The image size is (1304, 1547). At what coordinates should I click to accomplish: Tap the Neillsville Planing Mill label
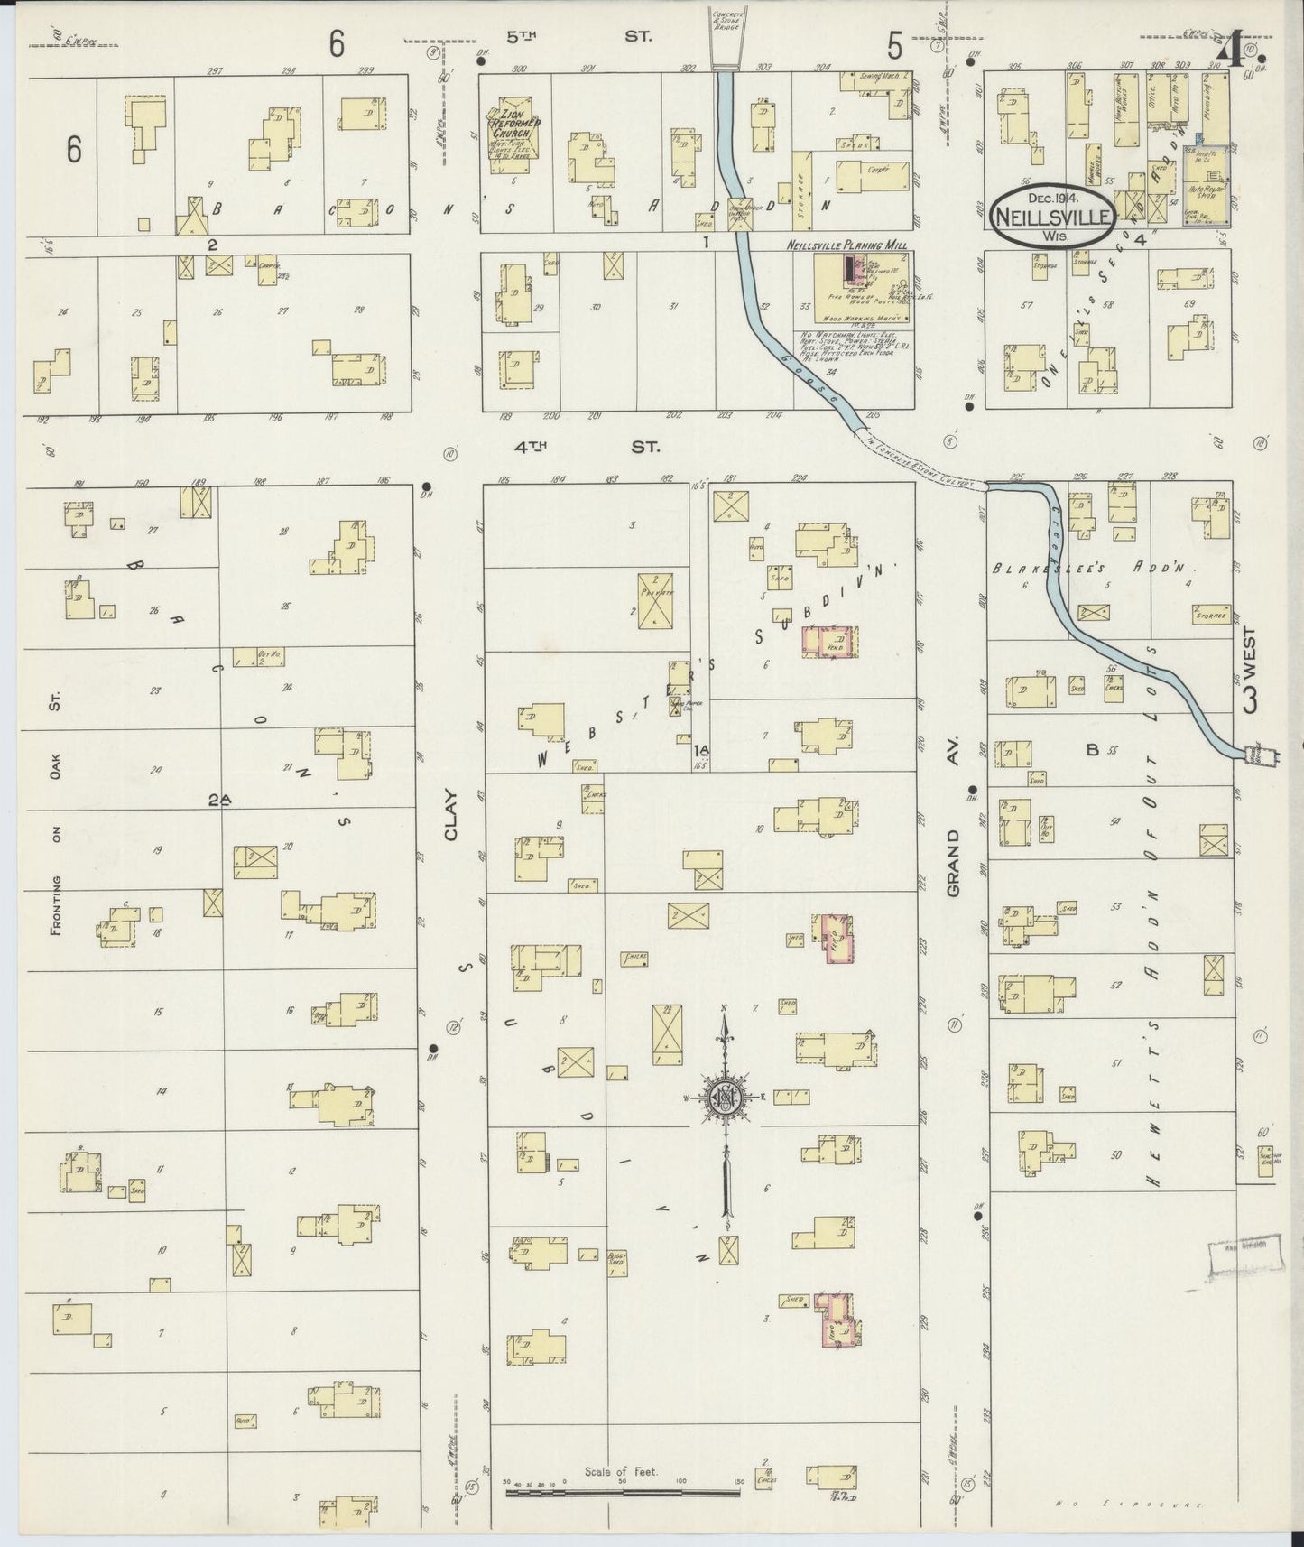click(860, 245)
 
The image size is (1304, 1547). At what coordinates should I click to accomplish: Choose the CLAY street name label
click(451, 816)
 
